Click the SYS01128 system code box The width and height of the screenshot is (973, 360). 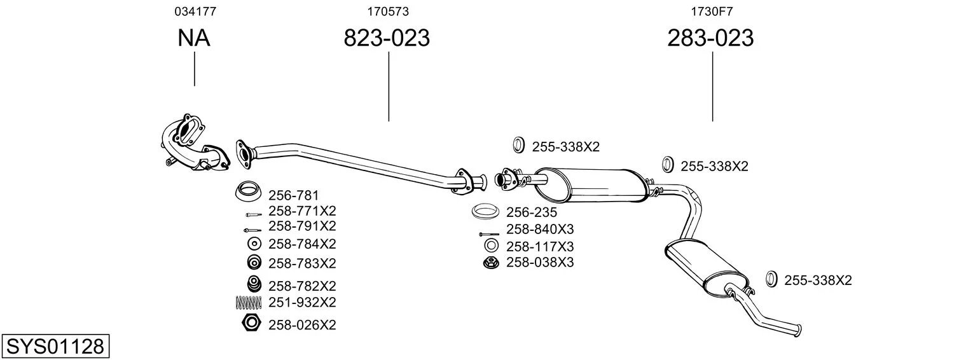(55, 346)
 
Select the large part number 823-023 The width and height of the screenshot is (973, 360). (387, 38)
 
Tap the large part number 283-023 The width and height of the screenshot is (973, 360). (710, 38)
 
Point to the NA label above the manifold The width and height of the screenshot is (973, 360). (194, 38)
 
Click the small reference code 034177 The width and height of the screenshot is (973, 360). (195, 11)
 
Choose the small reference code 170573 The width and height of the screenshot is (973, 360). (388, 11)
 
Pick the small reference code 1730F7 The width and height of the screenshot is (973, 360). (712, 11)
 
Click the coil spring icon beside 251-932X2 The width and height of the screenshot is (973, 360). (249, 302)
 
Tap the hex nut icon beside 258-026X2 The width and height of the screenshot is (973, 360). (251, 323)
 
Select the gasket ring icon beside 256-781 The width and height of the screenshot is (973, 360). (248, 191)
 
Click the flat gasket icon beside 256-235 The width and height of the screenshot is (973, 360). (485, 211)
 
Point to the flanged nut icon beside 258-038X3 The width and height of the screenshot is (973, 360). (491, 263)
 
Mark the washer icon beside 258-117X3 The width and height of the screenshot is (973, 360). (492, 246)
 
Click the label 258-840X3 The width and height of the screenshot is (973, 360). (540, 229)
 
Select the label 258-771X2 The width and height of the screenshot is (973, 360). (302, 211)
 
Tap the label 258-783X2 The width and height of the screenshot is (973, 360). (302, 263)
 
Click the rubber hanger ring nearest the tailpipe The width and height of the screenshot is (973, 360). (771, 279)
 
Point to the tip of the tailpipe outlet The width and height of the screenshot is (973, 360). (798, 331)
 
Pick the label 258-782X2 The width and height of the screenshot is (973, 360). (302, 286)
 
